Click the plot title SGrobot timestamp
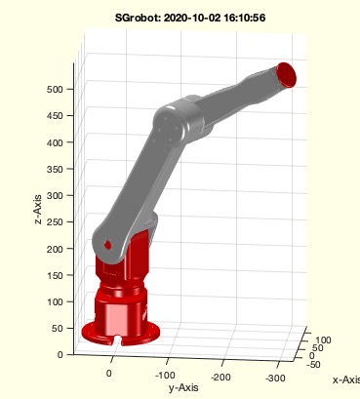click(190, 18)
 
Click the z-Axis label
click(38, 210)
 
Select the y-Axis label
click(183, 387)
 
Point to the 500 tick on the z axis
click(55, 89)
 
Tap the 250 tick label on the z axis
click(55, 222)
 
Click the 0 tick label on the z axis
click(60, 355)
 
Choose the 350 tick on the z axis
click(55, 169)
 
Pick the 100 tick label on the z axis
click(55, 301)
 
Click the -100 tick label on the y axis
click(165, 375)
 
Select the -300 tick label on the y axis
click(275, 378)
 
